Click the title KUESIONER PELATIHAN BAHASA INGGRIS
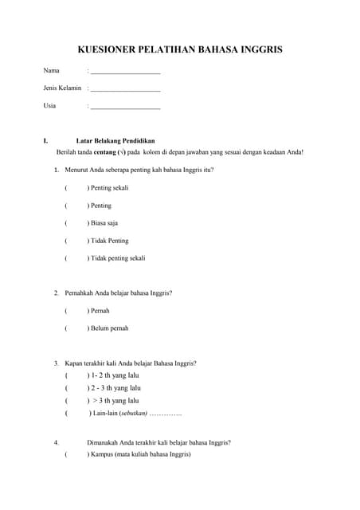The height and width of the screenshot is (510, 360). point(180,49)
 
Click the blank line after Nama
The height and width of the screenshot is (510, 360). point(126,72)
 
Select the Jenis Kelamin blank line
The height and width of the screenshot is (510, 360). point(126,88)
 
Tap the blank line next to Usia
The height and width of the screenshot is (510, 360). point(126,106)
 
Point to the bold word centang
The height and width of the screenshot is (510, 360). point(105,151)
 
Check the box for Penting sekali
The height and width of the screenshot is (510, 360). point(76,188)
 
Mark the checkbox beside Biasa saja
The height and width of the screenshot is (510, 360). point(76,223)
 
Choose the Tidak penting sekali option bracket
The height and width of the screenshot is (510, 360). point(76,258)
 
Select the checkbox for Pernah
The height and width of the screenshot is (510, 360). point(76,311)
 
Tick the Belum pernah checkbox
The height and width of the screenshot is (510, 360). point(76,328)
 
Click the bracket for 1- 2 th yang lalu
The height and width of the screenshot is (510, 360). point(76,375)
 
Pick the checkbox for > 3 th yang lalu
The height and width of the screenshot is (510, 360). point(76,401)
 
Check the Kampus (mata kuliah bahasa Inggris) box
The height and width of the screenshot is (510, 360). point(76,454)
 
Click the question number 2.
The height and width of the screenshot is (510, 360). point(56,292)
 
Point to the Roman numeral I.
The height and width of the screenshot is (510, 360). point(45,140)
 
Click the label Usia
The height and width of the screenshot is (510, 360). point(49,105)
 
